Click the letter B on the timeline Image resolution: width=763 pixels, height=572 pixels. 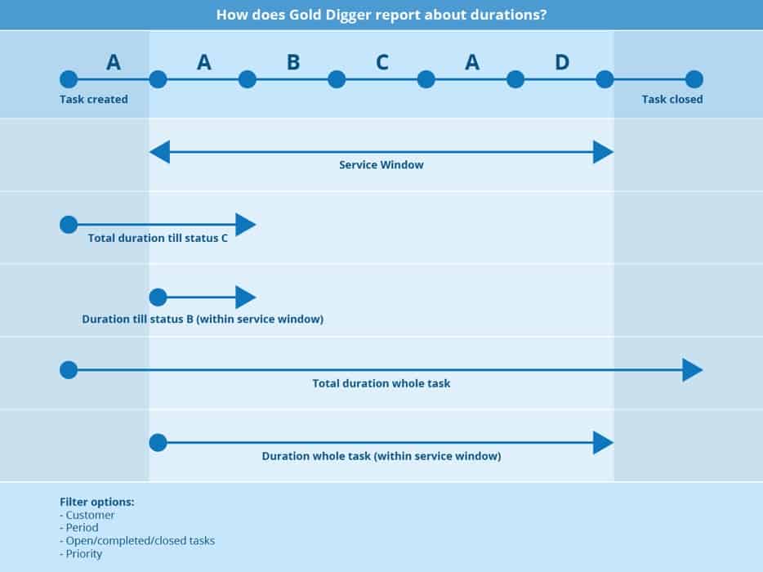pos(293,62)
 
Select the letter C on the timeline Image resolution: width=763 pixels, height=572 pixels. pos(382,62)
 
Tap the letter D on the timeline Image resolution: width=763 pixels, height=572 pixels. pos(562,62)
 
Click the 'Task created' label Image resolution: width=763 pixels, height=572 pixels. pos(94,100)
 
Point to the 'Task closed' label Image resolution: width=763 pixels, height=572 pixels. pos(672,100)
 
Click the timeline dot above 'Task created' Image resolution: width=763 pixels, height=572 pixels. pos(69,79)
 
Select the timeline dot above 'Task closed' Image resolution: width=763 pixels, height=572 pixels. pos(694,79)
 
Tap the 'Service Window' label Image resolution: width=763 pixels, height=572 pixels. pos(381,165)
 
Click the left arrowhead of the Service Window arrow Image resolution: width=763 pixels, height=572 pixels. pos(159,152)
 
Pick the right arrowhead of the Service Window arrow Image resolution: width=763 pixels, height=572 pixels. pos(604,152)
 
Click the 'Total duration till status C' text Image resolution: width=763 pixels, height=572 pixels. pos(158,238)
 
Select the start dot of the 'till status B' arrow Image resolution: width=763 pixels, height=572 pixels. pos(158,297)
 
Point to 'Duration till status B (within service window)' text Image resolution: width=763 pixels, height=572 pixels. pos(203,320)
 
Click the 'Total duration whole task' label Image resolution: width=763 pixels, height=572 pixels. pos(381,383)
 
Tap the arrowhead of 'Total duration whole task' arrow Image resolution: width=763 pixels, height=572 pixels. pos(693,370)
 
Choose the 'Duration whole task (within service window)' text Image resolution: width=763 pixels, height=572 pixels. pos(381,456)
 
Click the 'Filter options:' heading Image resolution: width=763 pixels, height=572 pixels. pos(97,502)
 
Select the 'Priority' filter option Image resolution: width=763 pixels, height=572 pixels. pos(81,554)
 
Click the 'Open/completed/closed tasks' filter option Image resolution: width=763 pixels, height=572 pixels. pos(137,541)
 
